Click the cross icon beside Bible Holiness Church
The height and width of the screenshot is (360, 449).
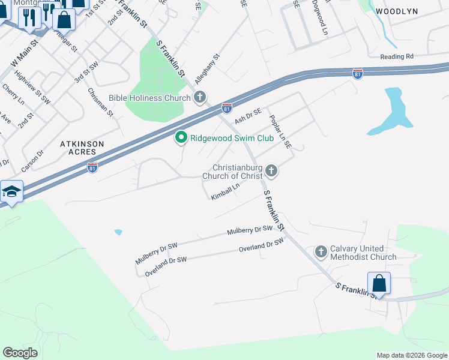(200, 97)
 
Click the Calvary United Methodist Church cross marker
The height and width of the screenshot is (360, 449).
(321, 251)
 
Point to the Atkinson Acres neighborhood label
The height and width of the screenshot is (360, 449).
(82, 148)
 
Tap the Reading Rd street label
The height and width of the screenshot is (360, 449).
(397, 56)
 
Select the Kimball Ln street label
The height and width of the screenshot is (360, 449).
(225, 191)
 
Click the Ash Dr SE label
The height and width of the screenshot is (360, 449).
(248, 115)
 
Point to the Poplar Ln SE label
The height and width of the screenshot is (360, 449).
(280, 131)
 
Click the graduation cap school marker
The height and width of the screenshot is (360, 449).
(11, 192)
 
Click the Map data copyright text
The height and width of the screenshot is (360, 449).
(411, 355)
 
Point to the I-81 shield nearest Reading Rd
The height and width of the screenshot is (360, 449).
(358, 74)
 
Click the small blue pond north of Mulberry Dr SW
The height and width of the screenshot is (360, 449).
(118, 232)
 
